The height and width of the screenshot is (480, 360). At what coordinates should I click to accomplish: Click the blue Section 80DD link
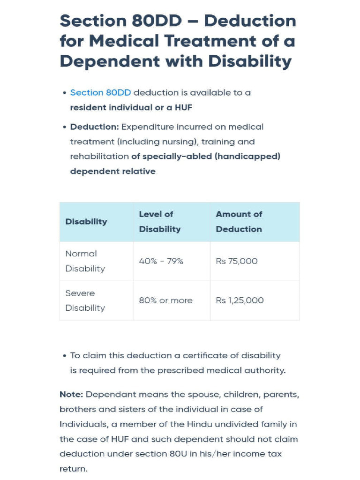pyautogui.click(x=100, y=93)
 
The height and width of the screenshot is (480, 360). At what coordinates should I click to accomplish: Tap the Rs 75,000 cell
pyautogui.click(x=237, y=261)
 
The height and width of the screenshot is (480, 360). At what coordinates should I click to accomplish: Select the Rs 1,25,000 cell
pyautogui.click(x=240, y=300)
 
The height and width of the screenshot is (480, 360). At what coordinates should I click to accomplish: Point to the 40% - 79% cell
pyautogui.click(x=161, y=261)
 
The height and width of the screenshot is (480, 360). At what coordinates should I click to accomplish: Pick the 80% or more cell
pyautogui.click(x=165, y=300)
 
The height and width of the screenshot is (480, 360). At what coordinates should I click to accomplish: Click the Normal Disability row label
pyautogui.click(x=85, y=261)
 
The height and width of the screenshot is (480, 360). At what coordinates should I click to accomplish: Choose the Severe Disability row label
pyautogui.click(x=85, y=300)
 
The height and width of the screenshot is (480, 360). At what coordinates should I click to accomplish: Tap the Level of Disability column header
pyautogui.click(x=159, y=222)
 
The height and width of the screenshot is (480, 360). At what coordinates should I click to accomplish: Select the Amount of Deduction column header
pyautogui.click(x=239, y=222)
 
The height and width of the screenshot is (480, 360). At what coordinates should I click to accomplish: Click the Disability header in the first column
pyautogui.click(x=86, y=222)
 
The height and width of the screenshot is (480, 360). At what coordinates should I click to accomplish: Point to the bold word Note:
pyautogui.click(x=71, y=395)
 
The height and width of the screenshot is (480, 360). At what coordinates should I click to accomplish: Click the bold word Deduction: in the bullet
pyautogui.click(x=95, y=127)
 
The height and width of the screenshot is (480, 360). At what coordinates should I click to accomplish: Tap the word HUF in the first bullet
pyautogui.click(x=183, y=107)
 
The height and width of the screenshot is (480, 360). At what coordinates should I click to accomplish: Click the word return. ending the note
pyautogui.click(x=73, y=469)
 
